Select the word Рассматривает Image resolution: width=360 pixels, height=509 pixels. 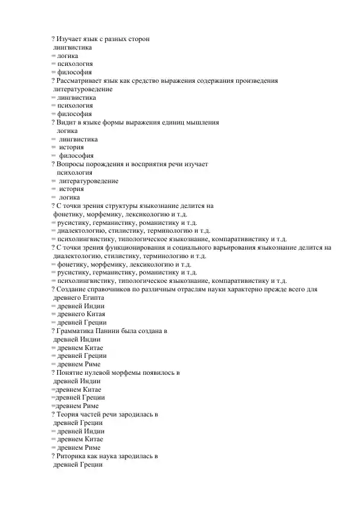(81, 80)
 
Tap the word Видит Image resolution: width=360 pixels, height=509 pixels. (67, 122)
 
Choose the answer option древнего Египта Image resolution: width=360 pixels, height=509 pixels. (79, 297)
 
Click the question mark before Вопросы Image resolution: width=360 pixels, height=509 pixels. (54, 164)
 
